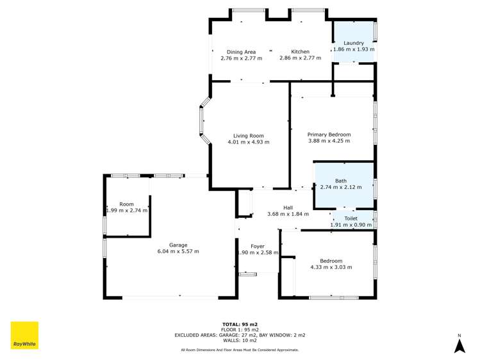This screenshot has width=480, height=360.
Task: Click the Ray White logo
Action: pos(24,336)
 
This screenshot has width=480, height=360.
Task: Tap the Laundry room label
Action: pos(354,43)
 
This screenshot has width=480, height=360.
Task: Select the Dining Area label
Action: pos(241,52)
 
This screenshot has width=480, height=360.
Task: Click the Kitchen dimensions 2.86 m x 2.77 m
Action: pos(300,58)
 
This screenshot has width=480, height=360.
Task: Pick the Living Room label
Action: pos(249,136)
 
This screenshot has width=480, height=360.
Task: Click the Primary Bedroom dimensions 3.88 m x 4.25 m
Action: pos(329,141)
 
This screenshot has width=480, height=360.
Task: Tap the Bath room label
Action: pos(341,181)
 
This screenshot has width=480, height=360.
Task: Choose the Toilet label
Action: pos(351,218)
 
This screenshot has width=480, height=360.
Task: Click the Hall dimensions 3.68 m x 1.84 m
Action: pos(288,214)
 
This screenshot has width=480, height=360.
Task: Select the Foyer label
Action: pos(258,246)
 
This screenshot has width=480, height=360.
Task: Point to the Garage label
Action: pos(178,245)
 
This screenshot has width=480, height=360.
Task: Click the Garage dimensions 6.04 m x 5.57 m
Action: pos(178,251)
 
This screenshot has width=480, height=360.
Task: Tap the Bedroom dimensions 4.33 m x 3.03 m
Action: pos(331,267)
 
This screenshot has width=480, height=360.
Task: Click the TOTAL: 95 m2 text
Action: pos(240,324)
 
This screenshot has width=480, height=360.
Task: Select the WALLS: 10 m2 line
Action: pos(240,340)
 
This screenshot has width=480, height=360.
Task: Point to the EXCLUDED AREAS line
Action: pos(240,335)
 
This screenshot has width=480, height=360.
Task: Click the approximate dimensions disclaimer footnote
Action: pos(240,350)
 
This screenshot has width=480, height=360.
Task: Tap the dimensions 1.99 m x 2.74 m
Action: pos(127,210)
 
